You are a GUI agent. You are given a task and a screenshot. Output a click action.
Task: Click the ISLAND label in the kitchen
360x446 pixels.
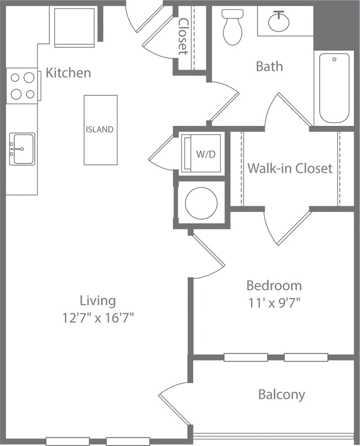pyautogui.click(x=100, y=129)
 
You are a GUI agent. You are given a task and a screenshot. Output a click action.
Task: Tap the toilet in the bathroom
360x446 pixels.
pyautogui.click(x=232, y=27)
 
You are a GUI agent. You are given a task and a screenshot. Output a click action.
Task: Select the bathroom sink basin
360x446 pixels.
pyautogui.click(x=279, y=21)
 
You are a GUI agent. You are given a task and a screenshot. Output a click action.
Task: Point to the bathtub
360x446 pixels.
pyautogui.click(x=334, y=88)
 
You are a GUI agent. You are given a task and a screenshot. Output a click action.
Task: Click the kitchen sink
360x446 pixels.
pyautogui.click(x=22, y=149)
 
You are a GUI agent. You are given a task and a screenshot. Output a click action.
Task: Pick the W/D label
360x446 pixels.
pyautogui.click(x=206, y=154)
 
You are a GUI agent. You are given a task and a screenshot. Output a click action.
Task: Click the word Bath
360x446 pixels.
pyautogui.click(x=269, y=66)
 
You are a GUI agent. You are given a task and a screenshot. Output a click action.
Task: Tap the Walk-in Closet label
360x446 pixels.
pyautogui.click(x=290, y=168)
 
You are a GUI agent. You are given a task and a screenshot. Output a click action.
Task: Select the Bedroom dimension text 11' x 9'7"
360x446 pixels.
pyautogui.click(x=275, y=303)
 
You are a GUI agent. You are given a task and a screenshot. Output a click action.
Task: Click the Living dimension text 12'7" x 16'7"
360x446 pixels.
pyautogui.click(x=98, y=318)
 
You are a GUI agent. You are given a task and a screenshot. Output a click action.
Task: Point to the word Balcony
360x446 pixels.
pyautogui.click(x=282, y=395)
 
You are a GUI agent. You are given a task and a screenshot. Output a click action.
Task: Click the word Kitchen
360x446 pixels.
pyautogui.click(x=68, y=73)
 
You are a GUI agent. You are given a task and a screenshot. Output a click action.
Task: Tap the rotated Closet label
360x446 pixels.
pyautogui.click(x=183, y=37)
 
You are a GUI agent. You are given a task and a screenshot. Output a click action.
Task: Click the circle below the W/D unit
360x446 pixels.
pyautogui.click(x=201, y=203)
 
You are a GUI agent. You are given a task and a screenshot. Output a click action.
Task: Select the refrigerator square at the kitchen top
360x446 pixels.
pyautogui.click(x=74, y=27)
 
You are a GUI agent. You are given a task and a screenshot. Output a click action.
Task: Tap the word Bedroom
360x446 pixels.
pyautogui.click(x=274, y=286)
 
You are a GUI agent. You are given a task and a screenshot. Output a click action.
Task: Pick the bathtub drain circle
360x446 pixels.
pyautogui.click(x=334, y=59)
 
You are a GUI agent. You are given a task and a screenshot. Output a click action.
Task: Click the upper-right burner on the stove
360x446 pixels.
pyautogui.click(x=29, y=78)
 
